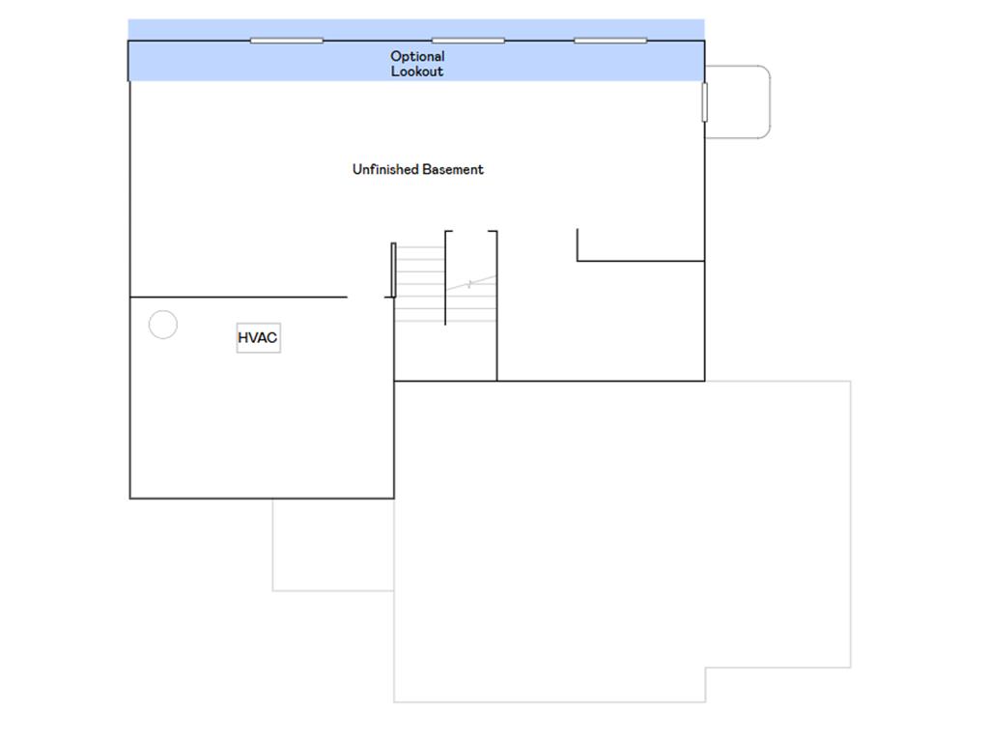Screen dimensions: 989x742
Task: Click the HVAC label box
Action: pos(258,337)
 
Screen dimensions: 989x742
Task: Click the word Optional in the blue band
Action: pos(417,57)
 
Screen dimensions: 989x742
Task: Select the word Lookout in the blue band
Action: pos(417,71)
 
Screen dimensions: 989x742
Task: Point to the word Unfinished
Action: pos(385,169)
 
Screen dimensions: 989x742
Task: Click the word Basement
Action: pos(453,169)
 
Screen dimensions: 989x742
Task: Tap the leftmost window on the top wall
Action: pos(286,41)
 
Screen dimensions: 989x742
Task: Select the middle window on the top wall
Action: pos(468,41)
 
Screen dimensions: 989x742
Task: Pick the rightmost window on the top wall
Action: pos(610,41)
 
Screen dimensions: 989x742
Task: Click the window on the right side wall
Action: pos(704,101)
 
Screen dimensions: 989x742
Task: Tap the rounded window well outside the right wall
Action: pos(770,101)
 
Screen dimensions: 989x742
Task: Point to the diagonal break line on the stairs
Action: pos(471,283)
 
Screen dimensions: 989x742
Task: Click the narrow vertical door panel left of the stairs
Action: pos(394,271)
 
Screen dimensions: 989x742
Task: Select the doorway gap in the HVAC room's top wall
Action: pos(366,297)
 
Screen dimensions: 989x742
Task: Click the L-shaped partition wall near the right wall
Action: pos(640,260)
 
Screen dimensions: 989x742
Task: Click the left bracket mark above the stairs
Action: pos(446,277)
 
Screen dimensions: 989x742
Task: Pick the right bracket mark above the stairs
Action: pos(496,305)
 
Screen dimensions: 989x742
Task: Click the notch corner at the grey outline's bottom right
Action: pos(705,668)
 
